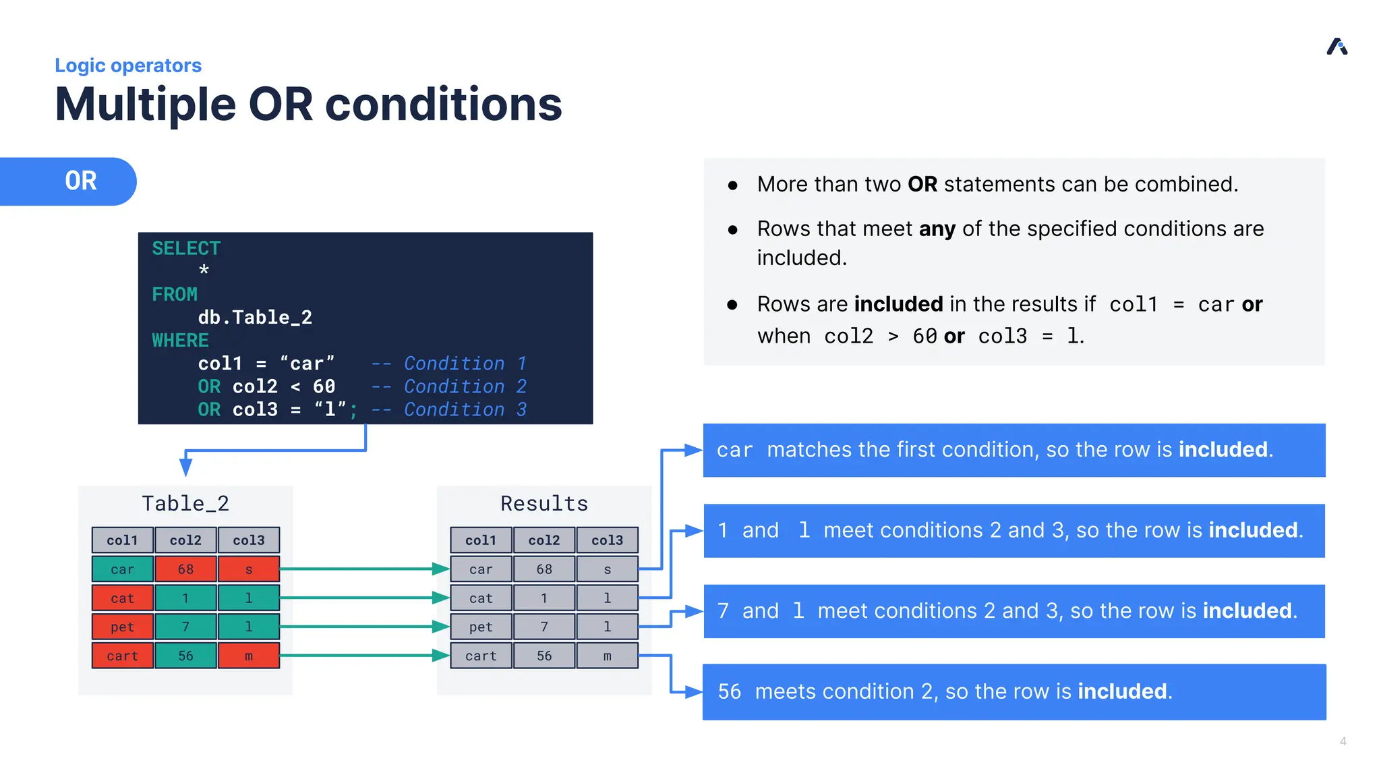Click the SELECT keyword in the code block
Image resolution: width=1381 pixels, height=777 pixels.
185,248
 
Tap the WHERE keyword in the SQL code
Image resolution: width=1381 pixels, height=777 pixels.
180,340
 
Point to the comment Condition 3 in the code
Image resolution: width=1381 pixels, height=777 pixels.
464,409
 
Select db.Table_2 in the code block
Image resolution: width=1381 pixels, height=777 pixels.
254,317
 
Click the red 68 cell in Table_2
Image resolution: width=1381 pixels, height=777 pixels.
185,569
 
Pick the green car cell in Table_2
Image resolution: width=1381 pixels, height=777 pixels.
122,569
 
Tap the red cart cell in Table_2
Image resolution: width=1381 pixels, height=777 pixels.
122,655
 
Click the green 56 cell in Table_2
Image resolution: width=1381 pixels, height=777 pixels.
185,655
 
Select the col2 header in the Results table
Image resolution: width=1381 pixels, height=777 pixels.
543,540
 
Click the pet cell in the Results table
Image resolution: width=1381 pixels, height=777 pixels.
480,627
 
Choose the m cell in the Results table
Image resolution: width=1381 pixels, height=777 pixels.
607,655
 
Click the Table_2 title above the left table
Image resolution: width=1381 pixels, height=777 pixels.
185,503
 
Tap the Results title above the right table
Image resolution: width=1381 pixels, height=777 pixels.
543,503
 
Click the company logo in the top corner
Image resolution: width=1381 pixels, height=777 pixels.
1336,47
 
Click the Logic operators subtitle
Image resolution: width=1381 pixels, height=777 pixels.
128,65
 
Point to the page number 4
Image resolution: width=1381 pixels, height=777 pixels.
1343,741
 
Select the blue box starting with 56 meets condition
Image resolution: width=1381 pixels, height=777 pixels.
1013,691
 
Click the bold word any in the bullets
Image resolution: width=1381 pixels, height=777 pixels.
937,229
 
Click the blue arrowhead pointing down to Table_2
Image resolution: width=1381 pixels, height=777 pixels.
186,466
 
